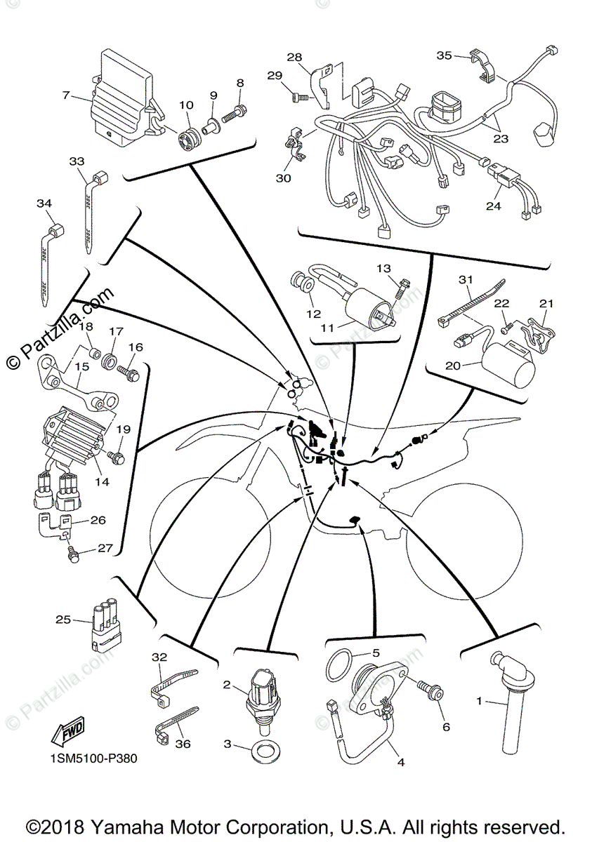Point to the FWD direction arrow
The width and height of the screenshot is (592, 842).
click(x=68, y=734)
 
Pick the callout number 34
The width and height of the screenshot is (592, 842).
click(x=44, y=203)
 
